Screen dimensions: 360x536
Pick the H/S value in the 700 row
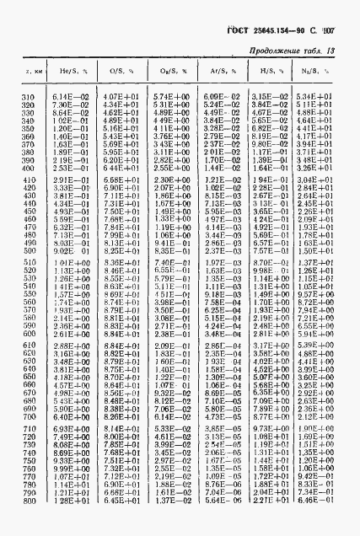[x=265, y=416]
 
